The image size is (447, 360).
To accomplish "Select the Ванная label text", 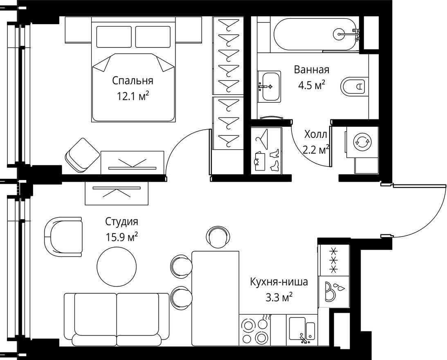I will pyautogui.click(x=311, y=70).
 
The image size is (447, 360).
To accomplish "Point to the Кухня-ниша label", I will pyautogui.click(x=279, y=281).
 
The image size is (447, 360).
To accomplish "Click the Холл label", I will pyautogui.click(x=315, y=135).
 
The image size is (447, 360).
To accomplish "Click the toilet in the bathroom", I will pyautogui.click(x=354, y=86).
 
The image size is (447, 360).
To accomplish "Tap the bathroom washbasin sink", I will pyautogui.click(x=269, y=86).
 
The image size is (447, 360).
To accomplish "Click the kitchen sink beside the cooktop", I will pyautogui.click(x=302, y=329).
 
